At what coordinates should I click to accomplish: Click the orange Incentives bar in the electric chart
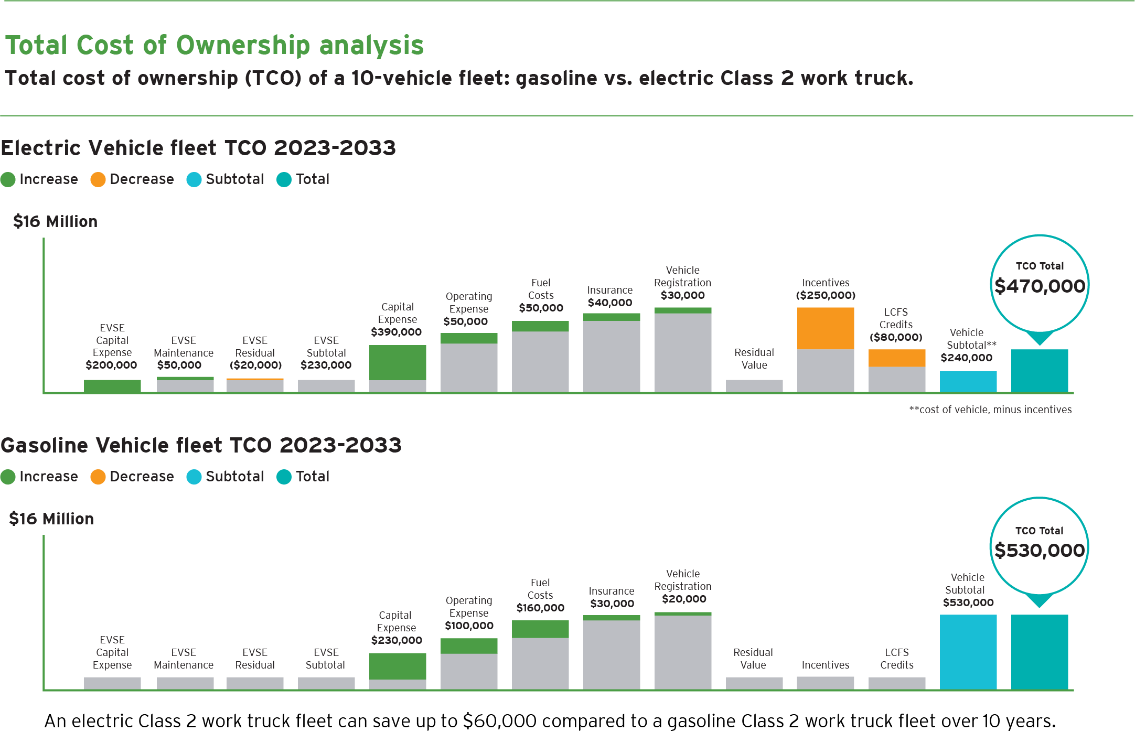click(x=826, y=328)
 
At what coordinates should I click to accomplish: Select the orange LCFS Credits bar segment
click(x=897, y=358)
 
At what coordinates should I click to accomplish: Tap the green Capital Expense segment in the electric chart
click(x=398, y=362)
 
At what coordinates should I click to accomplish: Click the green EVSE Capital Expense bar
click(x=112, y=386)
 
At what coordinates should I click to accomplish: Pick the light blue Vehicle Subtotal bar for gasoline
click(x=968, y=651)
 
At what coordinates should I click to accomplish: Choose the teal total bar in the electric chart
click(x=1040, y=370)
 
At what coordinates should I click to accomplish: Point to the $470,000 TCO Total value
click(x=1040, y=286)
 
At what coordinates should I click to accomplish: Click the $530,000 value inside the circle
click(x=1040, y=551)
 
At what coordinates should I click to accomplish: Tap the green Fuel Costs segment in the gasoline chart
click(x=540, y=629)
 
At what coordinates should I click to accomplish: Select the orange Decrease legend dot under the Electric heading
click(x=98, y=179)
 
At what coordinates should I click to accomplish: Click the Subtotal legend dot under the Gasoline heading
click(x=194, y=477)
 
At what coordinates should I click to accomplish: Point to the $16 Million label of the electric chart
click(x=55, y=222)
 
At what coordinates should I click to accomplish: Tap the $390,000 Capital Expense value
click(x=396, y=332)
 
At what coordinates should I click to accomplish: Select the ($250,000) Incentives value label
click(x=826, y=295)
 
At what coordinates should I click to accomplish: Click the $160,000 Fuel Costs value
click(x=540, y=608)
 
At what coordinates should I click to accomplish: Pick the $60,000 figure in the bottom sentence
click(x=499, y=721)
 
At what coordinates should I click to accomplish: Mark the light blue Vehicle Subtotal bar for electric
click(x=968, y=381)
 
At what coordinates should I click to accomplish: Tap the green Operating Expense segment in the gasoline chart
click(x=469, y=646)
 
